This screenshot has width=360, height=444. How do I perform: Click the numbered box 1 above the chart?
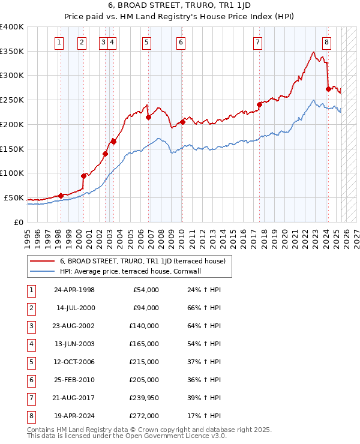(x=59, y=42)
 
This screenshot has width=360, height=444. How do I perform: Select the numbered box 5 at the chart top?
(x=147, y=42)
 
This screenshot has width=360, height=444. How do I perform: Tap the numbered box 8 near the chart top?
(x=326, y=42)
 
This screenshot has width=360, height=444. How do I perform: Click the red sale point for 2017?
(x=260, y=104)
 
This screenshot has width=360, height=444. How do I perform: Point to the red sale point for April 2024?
(x=328, y=89)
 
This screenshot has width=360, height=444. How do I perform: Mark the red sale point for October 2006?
(x=148, y=117)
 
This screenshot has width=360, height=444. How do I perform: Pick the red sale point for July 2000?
(x=83, y=176)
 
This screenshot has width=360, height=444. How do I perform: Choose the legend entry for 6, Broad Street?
(x=142, y=261)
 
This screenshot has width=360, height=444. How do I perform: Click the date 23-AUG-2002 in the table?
(x=74, y=326)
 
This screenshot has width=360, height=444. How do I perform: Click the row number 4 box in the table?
(x=31, y=344)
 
